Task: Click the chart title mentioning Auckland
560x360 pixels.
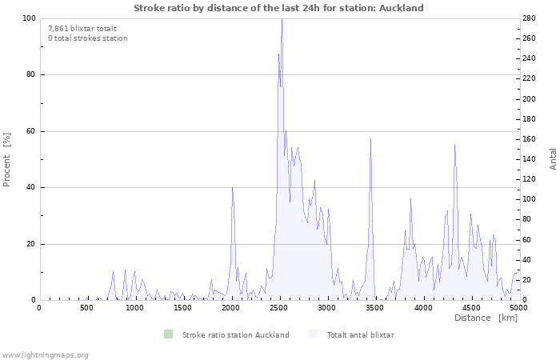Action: point(278,8)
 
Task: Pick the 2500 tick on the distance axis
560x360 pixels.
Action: point(279,308)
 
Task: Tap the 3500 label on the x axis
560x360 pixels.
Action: point(375,308)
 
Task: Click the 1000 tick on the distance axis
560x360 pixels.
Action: point(134,308)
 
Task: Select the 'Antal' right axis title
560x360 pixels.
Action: point(553,158)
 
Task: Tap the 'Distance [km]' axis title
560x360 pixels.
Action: point(486,318)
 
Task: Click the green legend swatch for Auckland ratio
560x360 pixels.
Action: point(168,334)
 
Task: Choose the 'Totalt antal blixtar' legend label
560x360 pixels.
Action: point(360,334)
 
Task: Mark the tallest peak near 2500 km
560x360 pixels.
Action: point(282,19)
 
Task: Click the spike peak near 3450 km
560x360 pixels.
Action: point(370,139)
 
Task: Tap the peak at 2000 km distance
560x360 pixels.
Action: point(232,187)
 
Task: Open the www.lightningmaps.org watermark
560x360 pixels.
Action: point(46,354)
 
